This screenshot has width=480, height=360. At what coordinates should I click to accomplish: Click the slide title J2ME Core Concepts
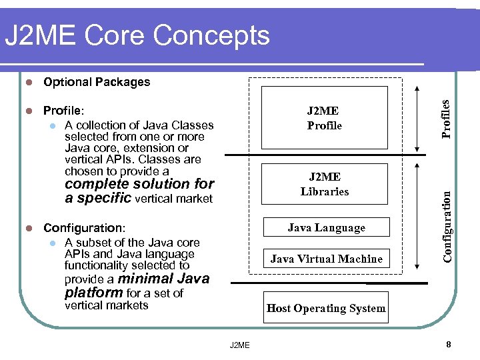[x=137, y=35]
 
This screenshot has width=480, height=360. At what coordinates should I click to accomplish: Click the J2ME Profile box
[x=325, y=117]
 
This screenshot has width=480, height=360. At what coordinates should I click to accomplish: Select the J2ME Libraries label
[x=325, y=184]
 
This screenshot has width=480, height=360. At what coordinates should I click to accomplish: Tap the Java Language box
[x=326, y=228]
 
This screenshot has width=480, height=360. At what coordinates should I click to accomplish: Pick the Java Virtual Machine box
[x=326, y=259]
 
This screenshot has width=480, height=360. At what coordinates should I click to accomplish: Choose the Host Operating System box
[x=326, y=308]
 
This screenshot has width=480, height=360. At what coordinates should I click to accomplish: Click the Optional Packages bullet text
[x=97, y=82]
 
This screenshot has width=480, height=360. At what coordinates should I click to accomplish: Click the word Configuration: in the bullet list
[x=84, y=228]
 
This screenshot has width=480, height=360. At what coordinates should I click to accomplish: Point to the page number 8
[x=449, y=344]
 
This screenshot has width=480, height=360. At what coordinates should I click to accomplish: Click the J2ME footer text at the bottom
[x=239, y=345]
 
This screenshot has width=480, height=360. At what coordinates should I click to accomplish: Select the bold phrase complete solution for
[x=139, y=184]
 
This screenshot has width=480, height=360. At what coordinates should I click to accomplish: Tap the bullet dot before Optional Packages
[x=28, y=83]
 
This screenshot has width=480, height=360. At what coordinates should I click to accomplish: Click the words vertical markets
[x=107, y=305]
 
